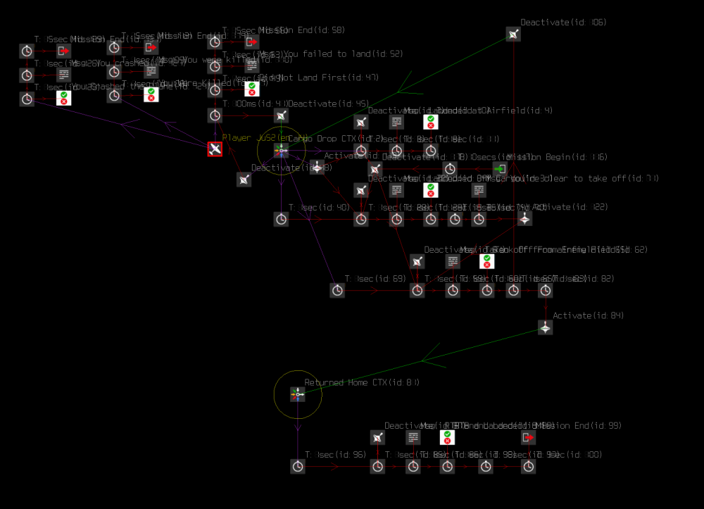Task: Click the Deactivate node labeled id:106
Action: click(513, 34)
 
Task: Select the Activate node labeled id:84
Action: click(546, 327)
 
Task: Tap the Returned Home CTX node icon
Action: click(298, 395)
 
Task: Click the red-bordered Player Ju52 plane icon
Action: click(215, 149)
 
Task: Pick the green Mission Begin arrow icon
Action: click(500, 169)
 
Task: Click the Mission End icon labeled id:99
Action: click(529, 437)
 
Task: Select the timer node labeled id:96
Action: click(298, 466)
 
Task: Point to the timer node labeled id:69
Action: click(337, 290)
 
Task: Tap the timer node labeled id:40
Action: click(281, 219)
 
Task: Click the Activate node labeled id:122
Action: click(524, 219)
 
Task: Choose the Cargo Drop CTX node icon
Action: click(281, 150)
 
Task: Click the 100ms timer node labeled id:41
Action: click(215, 115)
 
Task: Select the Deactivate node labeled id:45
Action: click(281, 115)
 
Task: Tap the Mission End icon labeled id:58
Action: click(251, 42)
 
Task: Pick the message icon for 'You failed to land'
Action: click(251, 65)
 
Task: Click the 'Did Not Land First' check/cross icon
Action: click(251, 89)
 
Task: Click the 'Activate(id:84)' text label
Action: click(588, 315)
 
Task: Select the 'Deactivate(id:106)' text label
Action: click(563, 23)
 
